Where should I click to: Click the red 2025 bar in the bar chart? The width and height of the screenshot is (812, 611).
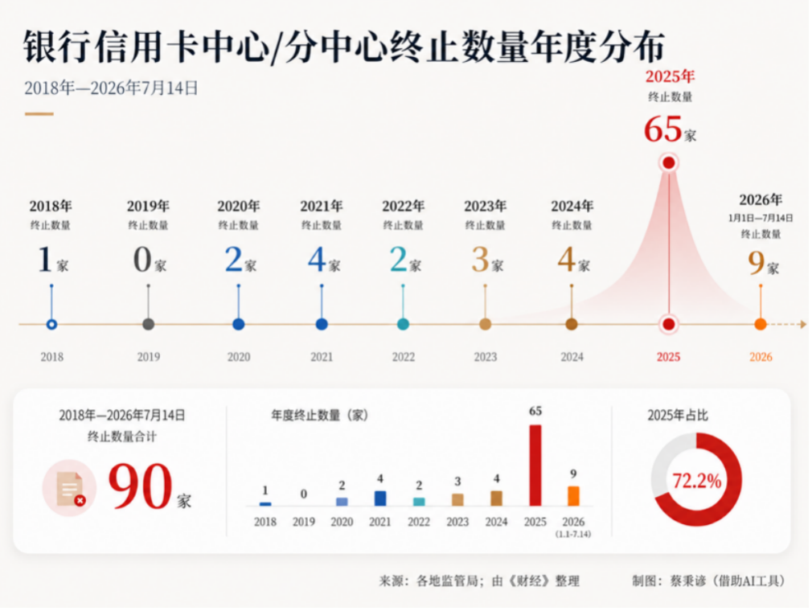(535, 465)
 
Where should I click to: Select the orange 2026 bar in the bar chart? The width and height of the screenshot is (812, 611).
(573, 496)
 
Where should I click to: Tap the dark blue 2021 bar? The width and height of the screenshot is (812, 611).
(380, 498)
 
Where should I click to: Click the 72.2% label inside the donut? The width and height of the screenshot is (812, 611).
(696, 481)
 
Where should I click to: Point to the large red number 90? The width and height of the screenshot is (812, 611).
(141, 486)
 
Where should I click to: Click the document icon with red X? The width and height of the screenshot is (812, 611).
(69, 488)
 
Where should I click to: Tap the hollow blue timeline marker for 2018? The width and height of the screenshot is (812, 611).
(51, 325)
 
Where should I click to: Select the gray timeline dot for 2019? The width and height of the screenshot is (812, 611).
(148, 325)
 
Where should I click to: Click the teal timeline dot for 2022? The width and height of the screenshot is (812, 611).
(403, 325)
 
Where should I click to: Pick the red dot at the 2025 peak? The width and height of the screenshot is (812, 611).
(669, 163)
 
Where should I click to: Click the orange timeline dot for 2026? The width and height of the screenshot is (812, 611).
(761, 325)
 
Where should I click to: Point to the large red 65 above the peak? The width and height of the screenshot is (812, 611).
(662, 129)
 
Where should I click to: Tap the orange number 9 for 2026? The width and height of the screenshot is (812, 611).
(756, 263)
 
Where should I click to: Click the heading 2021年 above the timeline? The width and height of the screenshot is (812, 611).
(322, 206)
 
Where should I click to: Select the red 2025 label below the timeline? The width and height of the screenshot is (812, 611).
(668, 357)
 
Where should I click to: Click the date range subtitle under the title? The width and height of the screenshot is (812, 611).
(111, 88)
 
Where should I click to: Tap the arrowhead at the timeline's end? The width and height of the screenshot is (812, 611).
(803, 325)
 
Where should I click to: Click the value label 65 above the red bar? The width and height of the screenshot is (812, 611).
(535, 411)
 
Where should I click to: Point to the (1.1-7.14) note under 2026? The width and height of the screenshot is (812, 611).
(573, 534)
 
